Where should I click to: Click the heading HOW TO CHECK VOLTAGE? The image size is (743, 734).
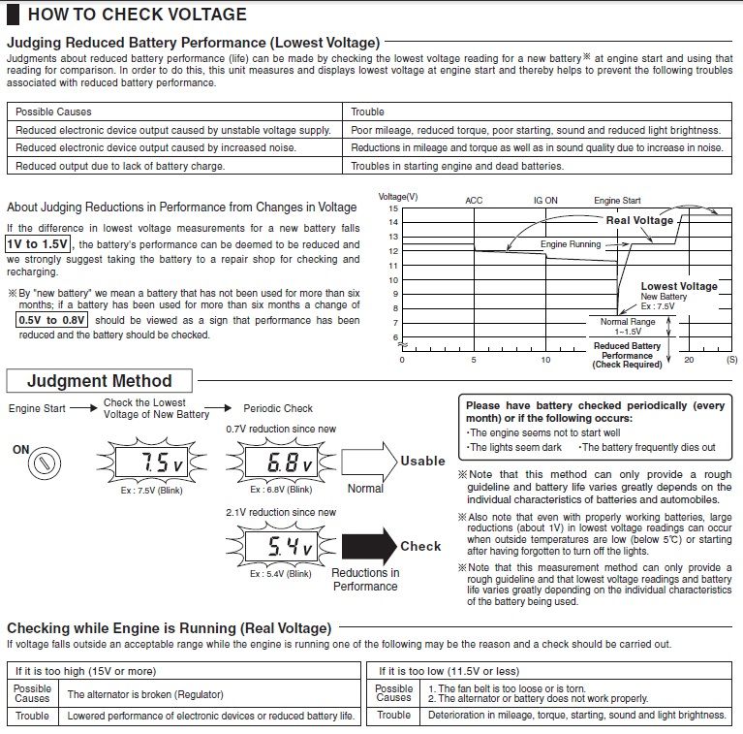pyautogui.click(x=137, y=15)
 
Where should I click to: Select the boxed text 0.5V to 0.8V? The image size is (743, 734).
pyautogui.click(x=52, y=319)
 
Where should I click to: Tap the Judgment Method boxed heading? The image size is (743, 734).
pyautogui.click(x=99, y=381)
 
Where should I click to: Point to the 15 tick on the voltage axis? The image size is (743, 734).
pyautogui.click(x=393, y=208)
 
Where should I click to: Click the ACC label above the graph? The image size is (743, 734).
pyautogui.click(x=474, y=201)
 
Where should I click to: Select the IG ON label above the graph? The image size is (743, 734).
pyautogui.click(x=545, y=201)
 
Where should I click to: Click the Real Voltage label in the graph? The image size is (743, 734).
pyautogui.click(x=639, y=220)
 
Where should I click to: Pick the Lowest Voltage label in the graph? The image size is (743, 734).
pyautogui.click(x=679, y=286)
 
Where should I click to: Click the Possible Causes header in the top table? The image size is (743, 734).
pyautogui.click(x=53, y=112)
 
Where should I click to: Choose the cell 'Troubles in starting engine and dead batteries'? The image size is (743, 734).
pyautogui.click(x=457, y=166)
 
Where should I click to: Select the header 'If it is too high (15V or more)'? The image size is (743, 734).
pyautogui.click(x=86, y=670)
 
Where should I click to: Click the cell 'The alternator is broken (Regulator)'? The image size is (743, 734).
pyautogui.click(x=145, y=694)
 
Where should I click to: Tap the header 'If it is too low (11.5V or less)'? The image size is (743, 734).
pyautogui.click(x=449, y=670)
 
